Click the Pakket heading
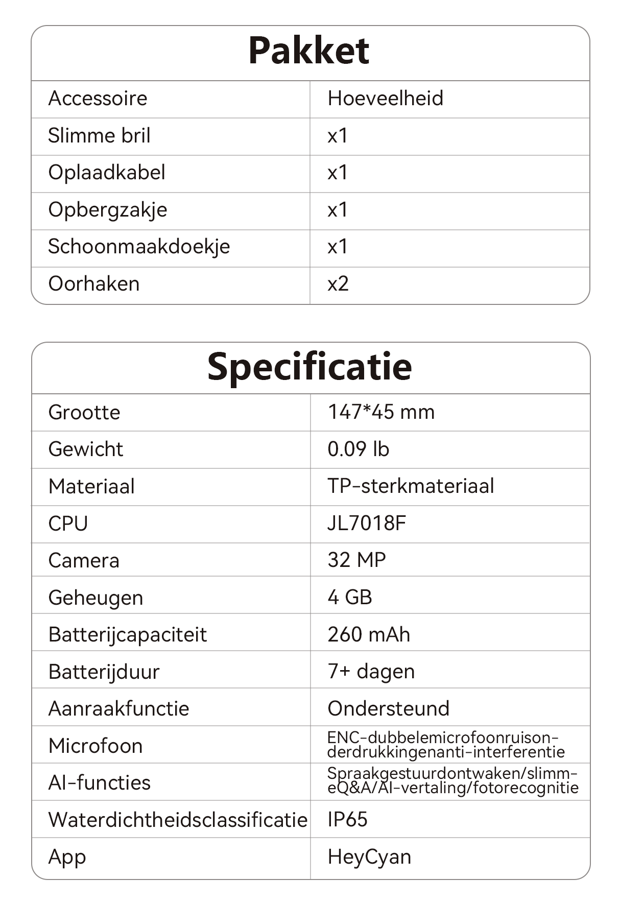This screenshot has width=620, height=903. pyautogui.click(x=309, y=51)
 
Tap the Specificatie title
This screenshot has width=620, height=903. pyautogui.click(x=309, y=367)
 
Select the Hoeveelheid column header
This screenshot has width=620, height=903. pyautogui.click(x=385, y=98)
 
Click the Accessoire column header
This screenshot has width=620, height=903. pyautogui.click(x=98, y=98)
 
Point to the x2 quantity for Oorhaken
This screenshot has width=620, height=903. pyautogui.click(x=338, y=283)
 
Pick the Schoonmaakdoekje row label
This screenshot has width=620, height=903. pyautogui.click(x=139, y=247)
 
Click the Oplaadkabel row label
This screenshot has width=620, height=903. pyautogui.click(x=107, y=173)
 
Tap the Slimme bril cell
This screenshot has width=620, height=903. pyautogui.click(x=99, y=136)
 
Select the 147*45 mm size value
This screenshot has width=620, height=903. pyautogui.click(x=381, y=412)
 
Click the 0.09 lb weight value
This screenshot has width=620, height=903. pyautogui.click(x=358, y=449)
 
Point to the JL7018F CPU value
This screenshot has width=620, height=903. pyautogui.click(x=367, y=524)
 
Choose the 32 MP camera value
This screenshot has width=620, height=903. pyautogui.click(x=356, y=560)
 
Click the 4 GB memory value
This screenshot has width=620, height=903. pyautogui.click(x=350, y=597)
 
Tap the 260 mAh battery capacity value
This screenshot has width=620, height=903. pyautogui.click(x=369, y=634)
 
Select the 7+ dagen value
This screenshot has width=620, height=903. pyautogui.click(x=371, y=672)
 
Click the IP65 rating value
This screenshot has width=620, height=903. pyautogui.click(x=347, y=819)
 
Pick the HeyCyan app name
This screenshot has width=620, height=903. pyautogui.click(x=369, y=857)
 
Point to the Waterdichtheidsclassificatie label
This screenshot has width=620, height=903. pyautogui.click(x=178, y=820)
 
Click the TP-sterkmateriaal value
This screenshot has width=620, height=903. pyautogui.click(x=411, y=486)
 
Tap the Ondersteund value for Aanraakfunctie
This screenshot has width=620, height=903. pyautogui.click(x=388, y=708)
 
